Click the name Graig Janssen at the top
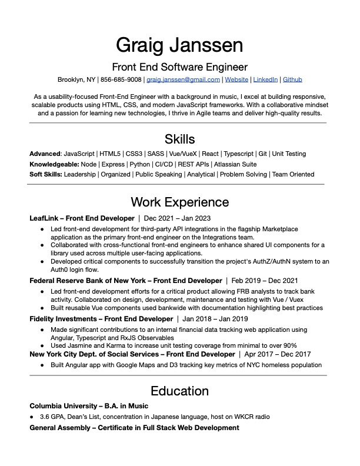coord(179,44)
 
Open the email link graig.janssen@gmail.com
coord(183,79)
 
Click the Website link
coord(236,79)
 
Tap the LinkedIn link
coord(265,79)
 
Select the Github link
coord(292,79)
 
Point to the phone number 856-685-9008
coord(121,79)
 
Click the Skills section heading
coord(179,139)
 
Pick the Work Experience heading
coord(179,202)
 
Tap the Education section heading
coord(179,391)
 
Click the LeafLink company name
coord(43,218)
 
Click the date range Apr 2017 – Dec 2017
coord(277,354)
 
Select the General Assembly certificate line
coord(134,427)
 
